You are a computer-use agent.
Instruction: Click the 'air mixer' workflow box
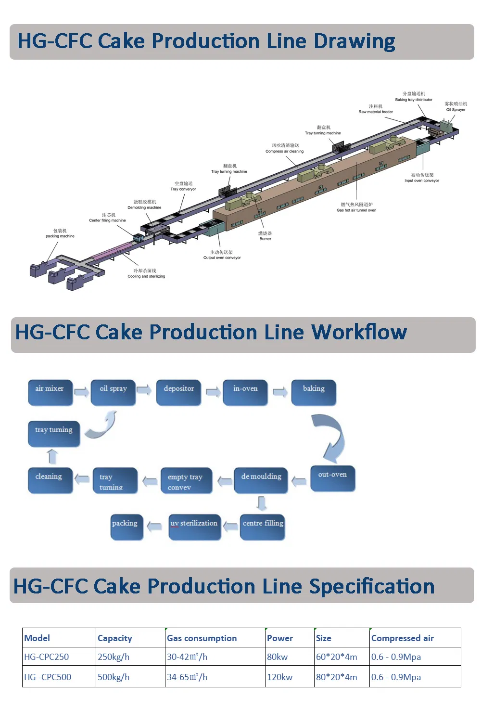point(50,392)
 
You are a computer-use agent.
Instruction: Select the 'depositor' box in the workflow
point(178,392)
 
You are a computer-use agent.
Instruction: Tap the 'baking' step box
point(314,392)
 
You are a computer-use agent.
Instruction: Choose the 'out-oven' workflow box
point(332,477)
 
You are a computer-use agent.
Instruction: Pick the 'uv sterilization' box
point(194,527)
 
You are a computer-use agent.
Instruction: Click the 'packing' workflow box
point(127,527)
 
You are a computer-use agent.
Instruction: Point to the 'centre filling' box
point(263,527)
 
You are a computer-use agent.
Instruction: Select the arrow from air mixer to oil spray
point(82,392)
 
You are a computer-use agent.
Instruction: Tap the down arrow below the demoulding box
point(261,503)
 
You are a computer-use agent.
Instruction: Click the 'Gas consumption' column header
point(202,638)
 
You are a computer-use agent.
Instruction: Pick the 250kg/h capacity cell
point(114,657)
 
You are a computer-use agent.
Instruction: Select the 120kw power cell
point(280,677)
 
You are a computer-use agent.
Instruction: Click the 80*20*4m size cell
point(337,677)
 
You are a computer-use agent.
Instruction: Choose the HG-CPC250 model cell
point(47,657)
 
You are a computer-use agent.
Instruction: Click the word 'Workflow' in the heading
point(359,333)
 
